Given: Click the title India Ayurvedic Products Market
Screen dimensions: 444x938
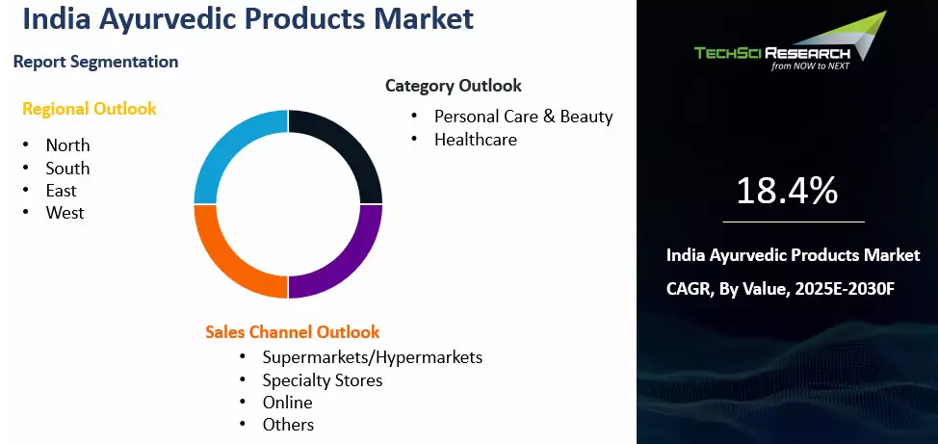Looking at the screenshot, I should [x=247, y=19].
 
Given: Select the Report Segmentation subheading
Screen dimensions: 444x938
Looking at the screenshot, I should [x=95, y=62].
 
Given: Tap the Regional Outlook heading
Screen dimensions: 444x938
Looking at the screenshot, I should [x=90, y=109].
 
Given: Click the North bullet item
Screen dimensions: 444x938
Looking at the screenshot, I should [x=67, y=145].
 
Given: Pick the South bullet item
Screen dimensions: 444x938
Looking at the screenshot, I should [x=67, y=169].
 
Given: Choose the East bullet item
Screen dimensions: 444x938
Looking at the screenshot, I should [x=62, y=191].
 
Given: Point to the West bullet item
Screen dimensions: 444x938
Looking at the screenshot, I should [x=65, y=213].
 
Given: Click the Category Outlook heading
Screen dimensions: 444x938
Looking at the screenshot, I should [x=453, y=86].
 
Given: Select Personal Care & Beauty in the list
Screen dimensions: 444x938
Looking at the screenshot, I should [x=523, y=117].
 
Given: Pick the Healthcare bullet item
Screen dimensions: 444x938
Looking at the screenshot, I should [x=475, y=140].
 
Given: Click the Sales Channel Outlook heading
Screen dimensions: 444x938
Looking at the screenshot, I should [x=292, y=332].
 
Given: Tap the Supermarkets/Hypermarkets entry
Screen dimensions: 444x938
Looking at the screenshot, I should [x=372, y=357].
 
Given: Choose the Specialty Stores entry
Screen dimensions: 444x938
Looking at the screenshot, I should [x=322, y=380].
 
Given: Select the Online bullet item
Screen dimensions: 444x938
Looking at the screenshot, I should [x=287, y=403].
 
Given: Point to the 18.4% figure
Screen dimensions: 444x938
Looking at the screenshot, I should [x=787, y=191].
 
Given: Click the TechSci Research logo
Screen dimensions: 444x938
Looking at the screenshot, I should [x=789, y=43].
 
